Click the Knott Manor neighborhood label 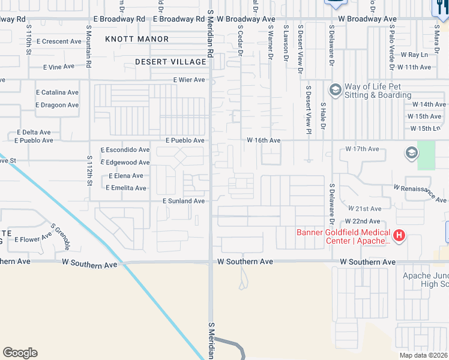[137, 39]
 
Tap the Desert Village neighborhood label [170, 62]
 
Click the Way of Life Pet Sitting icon [335, 91]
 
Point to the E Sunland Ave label [184, 201]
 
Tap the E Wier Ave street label [188, 80]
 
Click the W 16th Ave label [264, 140]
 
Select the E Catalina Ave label [57, 93]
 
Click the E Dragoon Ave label [57, 105]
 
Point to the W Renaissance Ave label [420, 193]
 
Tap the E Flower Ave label [32, 239]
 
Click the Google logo [20, 353]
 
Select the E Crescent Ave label [58, 42]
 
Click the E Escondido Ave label [125, 149]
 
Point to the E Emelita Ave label [125, 188]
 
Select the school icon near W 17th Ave [412, 153]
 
